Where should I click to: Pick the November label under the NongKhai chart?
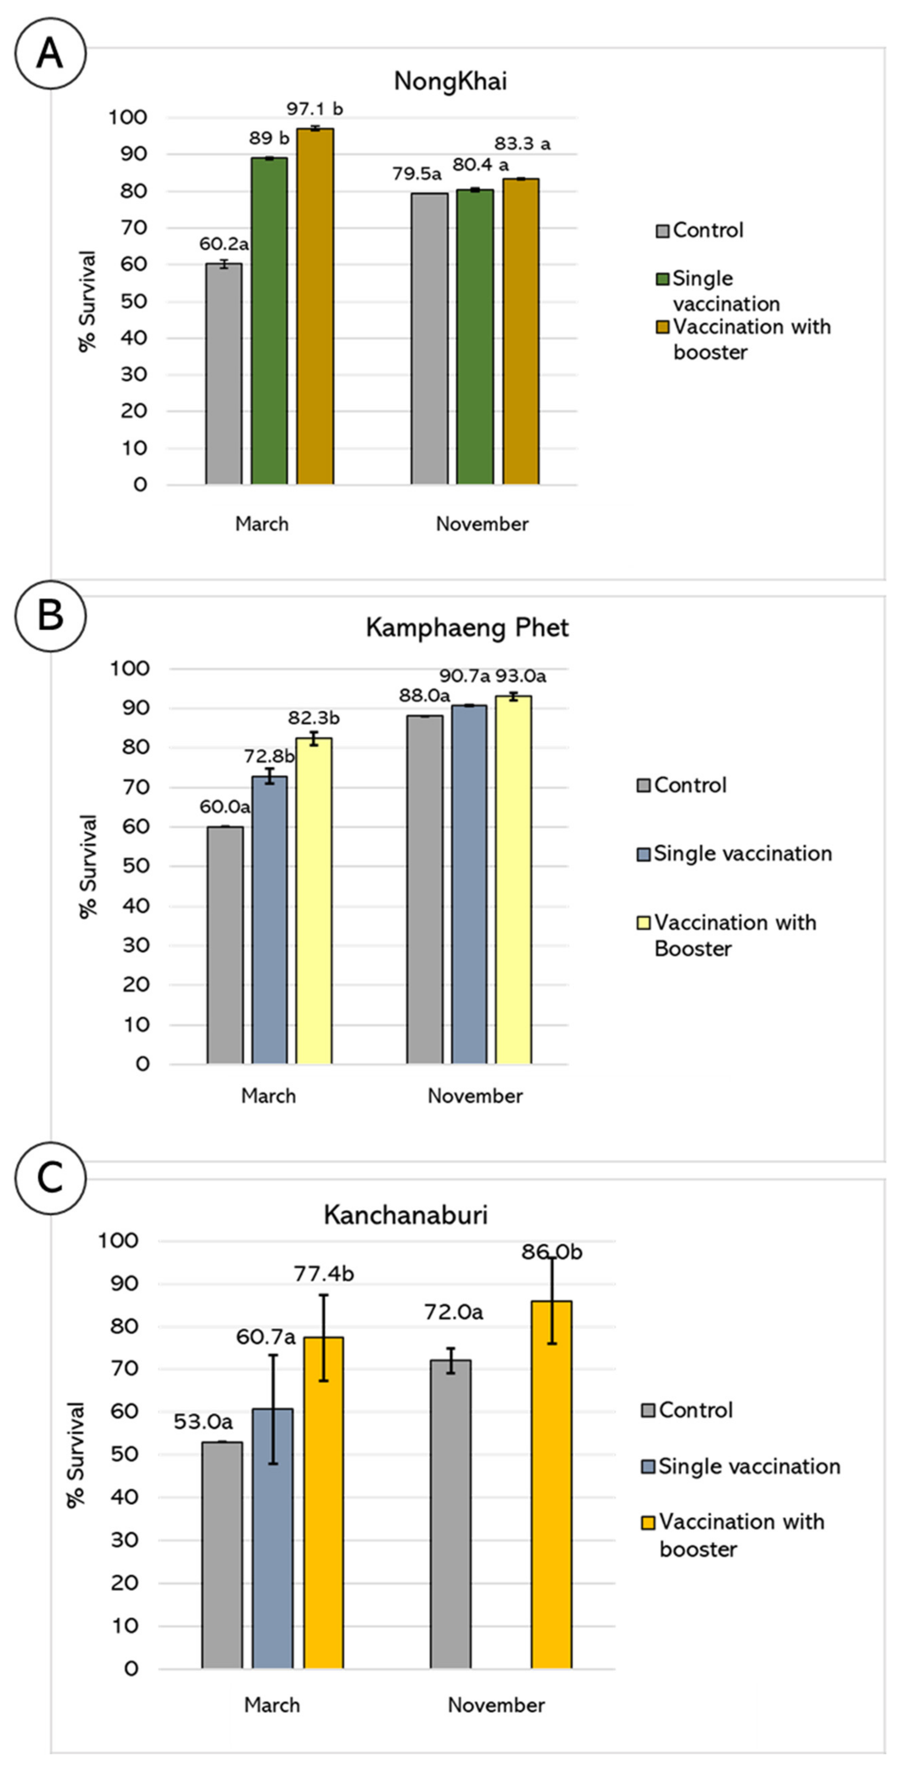click(x=482, y=524)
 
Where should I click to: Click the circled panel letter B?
click(x=50, y=614)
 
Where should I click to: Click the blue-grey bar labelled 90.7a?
click(x=469, y=884)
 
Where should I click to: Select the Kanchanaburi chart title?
click(x=405, y=1215)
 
